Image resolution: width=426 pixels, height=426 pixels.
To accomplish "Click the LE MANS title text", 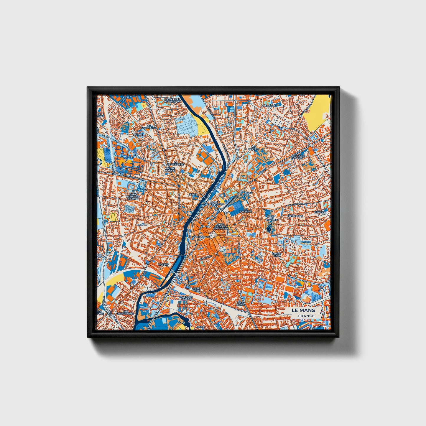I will pyautogui.click(x=303, y=310).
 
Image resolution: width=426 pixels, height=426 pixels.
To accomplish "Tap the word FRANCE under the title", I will pyautogui.click(x=306, y=316).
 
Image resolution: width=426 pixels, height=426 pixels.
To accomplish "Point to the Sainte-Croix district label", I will pyautogui.click(x=277, y=255).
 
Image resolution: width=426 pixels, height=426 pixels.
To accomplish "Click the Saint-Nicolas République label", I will pyautogui.click(x=221, y=226).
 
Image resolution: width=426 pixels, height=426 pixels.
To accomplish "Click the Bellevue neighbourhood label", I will pyautogui.click(x=269, y=106).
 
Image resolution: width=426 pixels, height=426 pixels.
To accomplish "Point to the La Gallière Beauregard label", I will pyautogui.click(x=172, y=100).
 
